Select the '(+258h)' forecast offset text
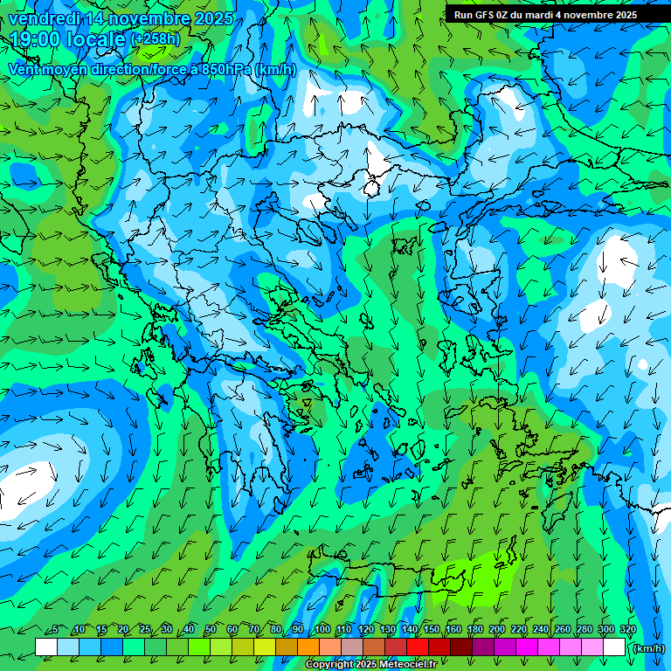(x=155, y=38)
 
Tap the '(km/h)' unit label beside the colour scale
(x=647, y=647)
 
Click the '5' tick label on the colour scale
(x=55, y=629)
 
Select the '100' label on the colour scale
(x=322, y=629)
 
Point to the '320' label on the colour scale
(x=627, y=629)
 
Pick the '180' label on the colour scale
(x=474, y=629)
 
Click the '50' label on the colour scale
(x=211, y=629)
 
